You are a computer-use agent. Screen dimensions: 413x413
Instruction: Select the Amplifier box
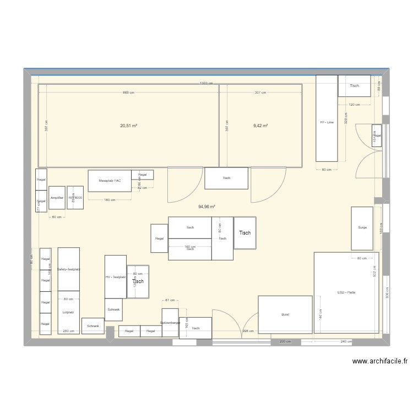click(x=57, y=198)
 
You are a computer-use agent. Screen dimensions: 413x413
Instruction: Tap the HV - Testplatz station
click(x=115, y=277)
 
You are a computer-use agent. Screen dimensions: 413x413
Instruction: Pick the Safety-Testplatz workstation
click(x=69, y=269)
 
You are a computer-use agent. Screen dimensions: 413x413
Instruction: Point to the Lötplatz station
click(x=68, y=312)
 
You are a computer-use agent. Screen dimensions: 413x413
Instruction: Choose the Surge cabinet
click(x=362, y=227)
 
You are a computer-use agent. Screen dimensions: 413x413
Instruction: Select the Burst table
click(x=285, y=314)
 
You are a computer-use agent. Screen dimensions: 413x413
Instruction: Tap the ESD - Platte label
click(x=346, y=292)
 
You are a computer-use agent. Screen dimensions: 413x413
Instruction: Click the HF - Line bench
click(x=327, y=122)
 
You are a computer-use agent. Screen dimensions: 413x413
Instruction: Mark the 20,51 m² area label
click(x=128, y=126)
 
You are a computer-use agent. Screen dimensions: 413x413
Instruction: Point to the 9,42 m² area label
click(x=260, y=126)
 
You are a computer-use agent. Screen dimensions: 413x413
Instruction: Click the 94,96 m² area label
click(x=206, y=207)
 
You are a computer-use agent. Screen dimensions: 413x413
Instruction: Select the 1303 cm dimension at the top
click(x=206, y=83)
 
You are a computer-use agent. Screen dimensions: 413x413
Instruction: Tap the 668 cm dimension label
click(x=128, y=93)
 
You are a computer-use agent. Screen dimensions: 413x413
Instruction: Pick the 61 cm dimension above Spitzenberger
click(x=170, y=300)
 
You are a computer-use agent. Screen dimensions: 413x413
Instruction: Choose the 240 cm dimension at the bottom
click(x=346, y=341)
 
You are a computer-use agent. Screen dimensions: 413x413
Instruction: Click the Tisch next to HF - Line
click(x=354, y=86)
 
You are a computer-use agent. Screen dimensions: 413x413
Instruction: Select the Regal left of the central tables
click(x=159, y=238)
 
